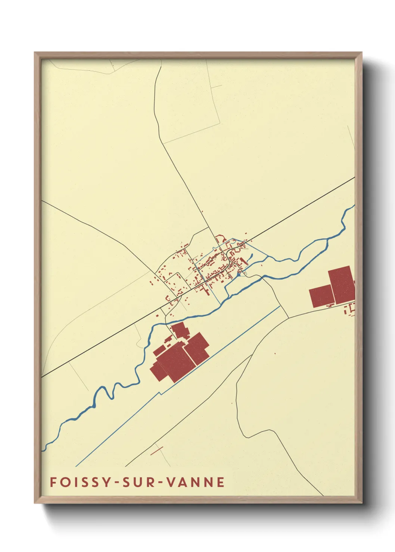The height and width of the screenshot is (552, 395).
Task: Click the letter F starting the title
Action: click(x=53, y=482)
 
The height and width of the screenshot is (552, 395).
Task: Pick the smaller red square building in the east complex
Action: click(x=321, y=296)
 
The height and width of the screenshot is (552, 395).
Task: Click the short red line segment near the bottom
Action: click(x=157, y=451)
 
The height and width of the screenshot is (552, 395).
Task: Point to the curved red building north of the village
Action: click(x=220, y=237)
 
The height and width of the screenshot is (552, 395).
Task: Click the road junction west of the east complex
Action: click(x=288, y=318)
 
